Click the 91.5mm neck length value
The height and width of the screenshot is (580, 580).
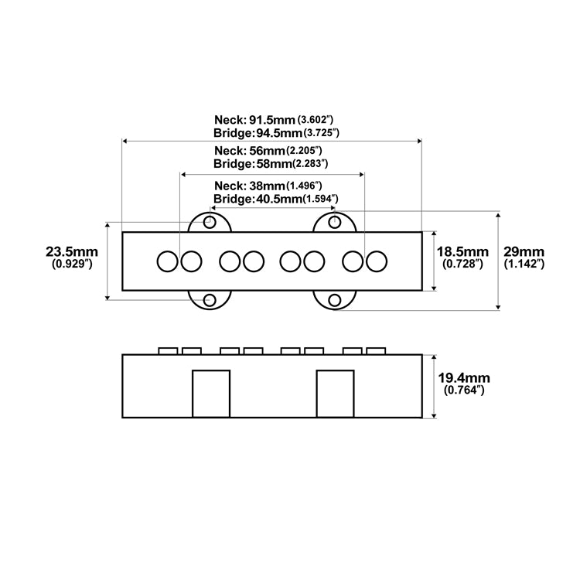click(272, 120)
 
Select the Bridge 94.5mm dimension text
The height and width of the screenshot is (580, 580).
click(276, 133)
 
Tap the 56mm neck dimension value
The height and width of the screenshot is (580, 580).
click(267, 151)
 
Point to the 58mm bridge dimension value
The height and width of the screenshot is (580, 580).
click(274, 163)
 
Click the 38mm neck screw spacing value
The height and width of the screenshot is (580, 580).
click(267, 186)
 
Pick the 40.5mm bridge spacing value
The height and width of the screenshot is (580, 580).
click(279, 199)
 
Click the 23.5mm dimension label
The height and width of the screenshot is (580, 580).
click(72, 252)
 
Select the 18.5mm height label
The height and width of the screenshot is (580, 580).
click(462, 252)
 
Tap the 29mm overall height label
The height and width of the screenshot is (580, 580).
click(524, 252)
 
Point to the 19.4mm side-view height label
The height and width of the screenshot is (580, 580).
click(464, 378)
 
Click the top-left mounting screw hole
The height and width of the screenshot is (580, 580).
click(210, 222)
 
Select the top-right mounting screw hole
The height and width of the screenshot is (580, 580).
click(335, 222)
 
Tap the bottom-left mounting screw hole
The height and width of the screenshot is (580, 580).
click(210, 300)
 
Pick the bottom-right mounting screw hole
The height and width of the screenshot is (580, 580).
click(335, 300)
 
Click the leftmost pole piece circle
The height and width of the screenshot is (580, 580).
click(168, 261)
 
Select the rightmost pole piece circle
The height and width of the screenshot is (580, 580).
click(377, 261)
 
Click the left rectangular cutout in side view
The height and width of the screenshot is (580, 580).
click(211, 394)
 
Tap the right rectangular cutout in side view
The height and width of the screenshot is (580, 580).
click(336, 394)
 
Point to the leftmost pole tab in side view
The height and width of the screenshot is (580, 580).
click(168, 351)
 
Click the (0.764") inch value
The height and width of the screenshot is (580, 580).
click(464, 390)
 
